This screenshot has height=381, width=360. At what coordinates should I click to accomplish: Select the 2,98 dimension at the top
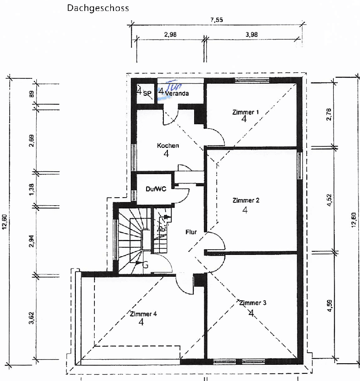[170, 35]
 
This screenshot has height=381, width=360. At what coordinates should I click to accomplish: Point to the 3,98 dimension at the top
[251, 35]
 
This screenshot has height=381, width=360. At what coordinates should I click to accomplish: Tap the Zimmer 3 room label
[253, 303]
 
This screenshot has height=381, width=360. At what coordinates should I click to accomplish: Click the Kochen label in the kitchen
[168, 145]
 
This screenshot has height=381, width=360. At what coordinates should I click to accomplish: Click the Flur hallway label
[191, 232]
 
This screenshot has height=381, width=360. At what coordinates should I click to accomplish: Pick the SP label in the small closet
[147, 94]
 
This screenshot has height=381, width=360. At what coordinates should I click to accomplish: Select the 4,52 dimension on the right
[330, 200]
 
